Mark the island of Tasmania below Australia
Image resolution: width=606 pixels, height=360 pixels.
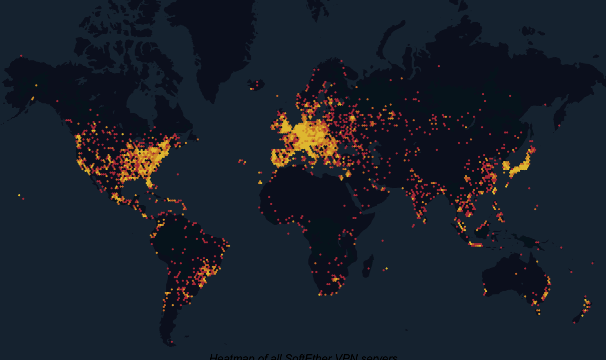coord(538,312)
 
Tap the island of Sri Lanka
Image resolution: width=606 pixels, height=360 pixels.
coord(425,220)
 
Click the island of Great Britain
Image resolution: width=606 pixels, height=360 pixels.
coord(283,122)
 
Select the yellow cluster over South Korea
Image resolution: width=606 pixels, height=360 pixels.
coord(506,166)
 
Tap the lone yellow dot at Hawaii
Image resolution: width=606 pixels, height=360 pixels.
coord(19,196)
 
